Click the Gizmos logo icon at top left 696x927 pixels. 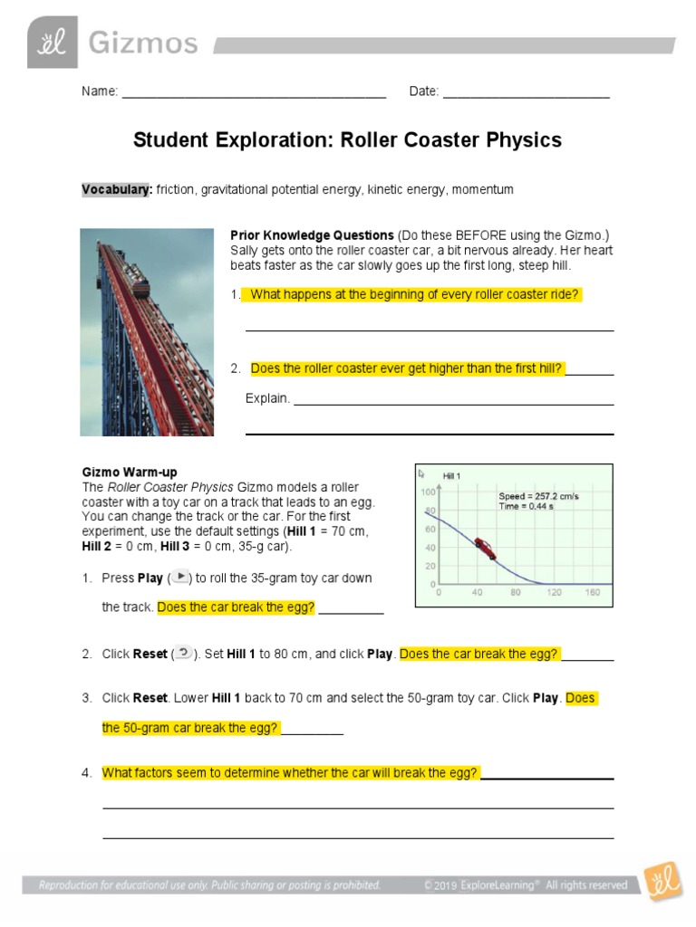pyautogui.click(x=53, y=43)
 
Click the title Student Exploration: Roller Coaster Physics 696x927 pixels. pyautogui.click(x=347, y=140)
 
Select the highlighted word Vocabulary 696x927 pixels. pyautogui.click(x=116, y=190)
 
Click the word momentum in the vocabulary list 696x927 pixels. pyautogui.click(x=482, y=190)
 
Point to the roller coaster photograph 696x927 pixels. pyautogui.click(x=147, y=331)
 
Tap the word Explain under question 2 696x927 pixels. pyautogui.click(x=267, y=398)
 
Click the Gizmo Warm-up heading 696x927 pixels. pyautogui.click(x=130, y=472)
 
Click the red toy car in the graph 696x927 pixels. pyautogui.click(x=485, y=548)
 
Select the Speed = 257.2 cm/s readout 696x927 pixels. pyautogui.click(x=538, y=496)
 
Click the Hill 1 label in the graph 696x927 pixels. pyautogui.click(x=451, y=476)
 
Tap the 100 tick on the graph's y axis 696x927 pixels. pyautogui.click(x=428, y=492)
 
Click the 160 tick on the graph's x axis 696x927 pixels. pyautogui.click(x=593, y=593)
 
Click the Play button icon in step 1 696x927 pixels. pyautogui.click(x=180, y=577)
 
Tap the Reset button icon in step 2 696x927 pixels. pyautogui.click(x=184, y=653)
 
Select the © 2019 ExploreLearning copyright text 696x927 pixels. pyautogui.click(x=525, y=885)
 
